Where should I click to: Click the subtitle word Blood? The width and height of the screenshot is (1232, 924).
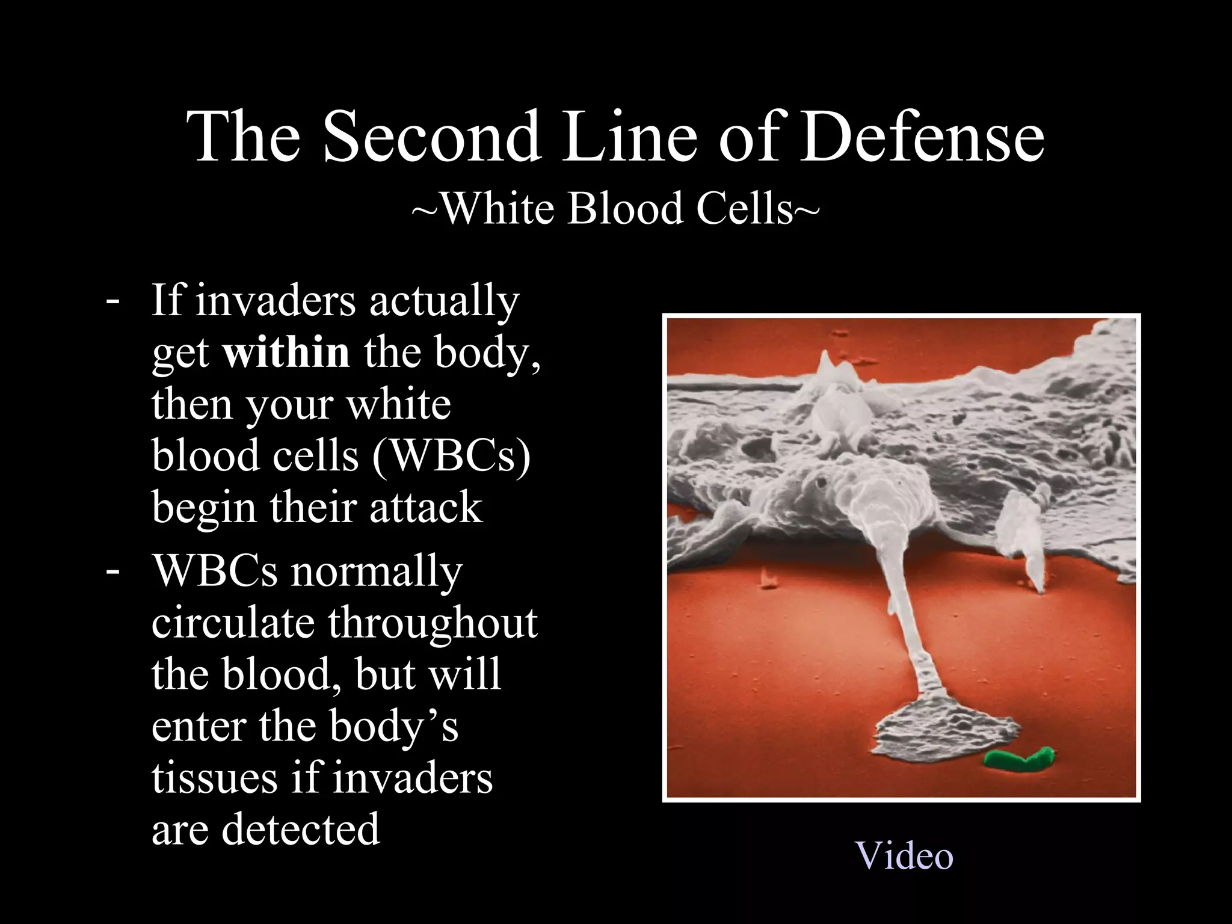(x=625, y=208)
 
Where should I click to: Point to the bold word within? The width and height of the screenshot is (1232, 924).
(x=286, y=352)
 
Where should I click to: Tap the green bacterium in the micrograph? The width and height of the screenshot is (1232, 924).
(x=1018, y=759)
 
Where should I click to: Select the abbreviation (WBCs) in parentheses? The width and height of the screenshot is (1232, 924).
(x=451, y=455)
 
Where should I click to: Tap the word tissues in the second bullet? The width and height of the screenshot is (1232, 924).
(x=215, y=777)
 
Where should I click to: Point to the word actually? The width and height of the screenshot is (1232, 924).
(x=443, y=301)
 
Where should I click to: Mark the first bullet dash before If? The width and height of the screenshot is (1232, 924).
(x=111, y=299)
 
